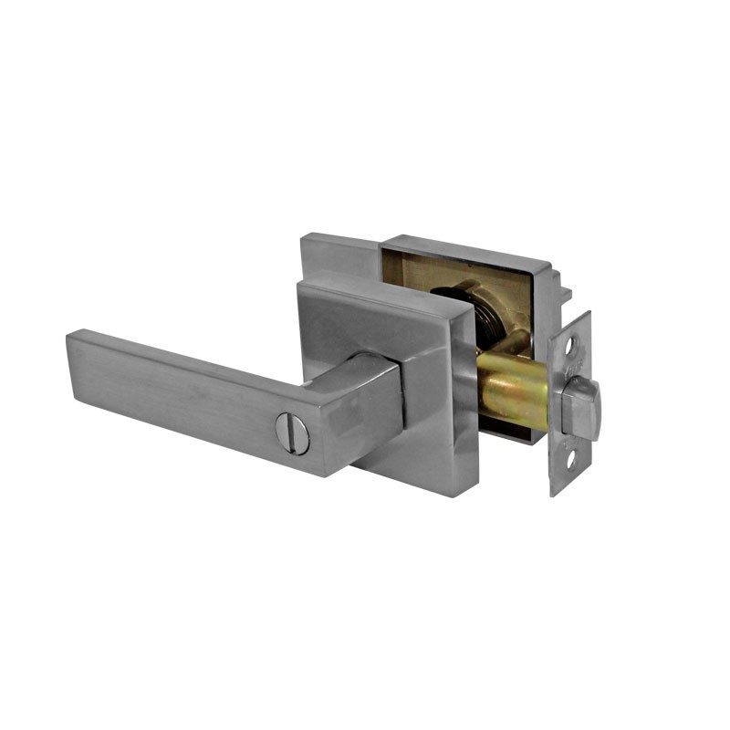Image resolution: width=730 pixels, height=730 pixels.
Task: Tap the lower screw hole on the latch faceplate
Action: (571, 459)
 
